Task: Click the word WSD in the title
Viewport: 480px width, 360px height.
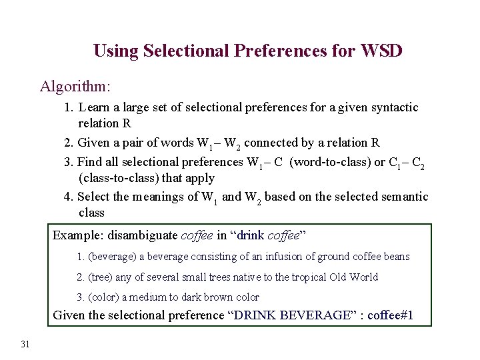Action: tap(381, 51)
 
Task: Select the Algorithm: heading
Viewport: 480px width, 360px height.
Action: tap(75, 87)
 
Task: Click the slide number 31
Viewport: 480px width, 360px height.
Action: tap(25, 343)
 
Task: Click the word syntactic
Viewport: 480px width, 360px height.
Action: tap(393, 107)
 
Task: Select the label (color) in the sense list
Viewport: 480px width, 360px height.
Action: tap(105, 297)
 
